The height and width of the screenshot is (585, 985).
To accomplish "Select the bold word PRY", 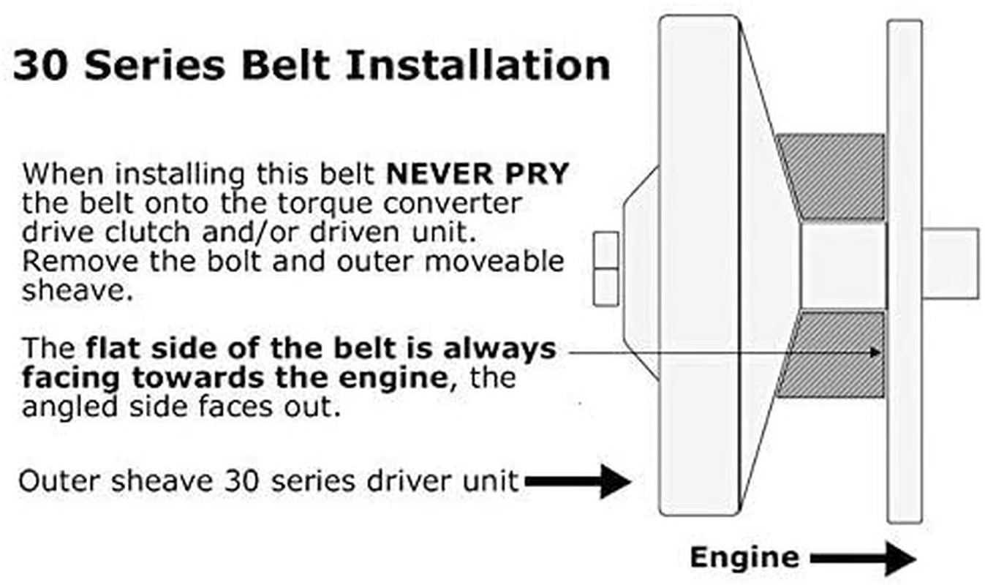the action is coord(541,175).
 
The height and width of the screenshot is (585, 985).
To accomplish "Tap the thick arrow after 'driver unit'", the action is coord(578,481).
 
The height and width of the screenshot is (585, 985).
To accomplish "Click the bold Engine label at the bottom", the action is coord(744,557).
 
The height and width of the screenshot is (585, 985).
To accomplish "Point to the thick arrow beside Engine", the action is coord(863,559).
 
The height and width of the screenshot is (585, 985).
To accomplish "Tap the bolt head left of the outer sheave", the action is coord(606,268).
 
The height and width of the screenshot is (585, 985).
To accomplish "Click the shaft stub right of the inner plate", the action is coord(949,264).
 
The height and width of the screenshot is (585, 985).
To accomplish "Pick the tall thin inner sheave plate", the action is coord(904,271).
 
